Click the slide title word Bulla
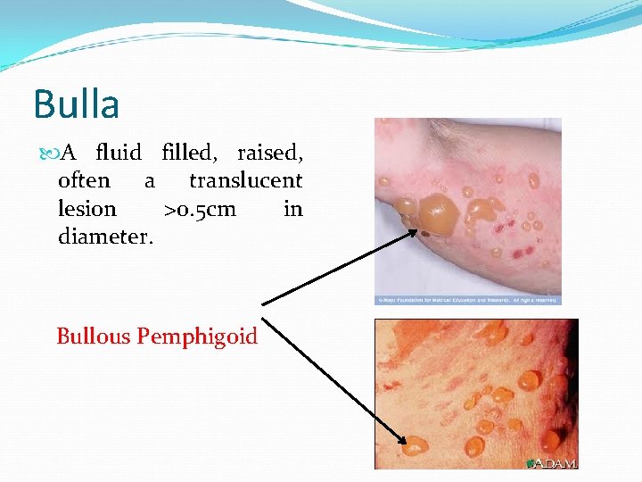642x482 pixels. coord(77,104)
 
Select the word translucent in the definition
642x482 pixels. coord(245,180)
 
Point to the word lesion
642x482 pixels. coord(86,209)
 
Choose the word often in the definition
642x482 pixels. coord(84,180)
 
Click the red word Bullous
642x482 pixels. coord(94,337)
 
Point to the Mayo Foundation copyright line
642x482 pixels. coord(467,301)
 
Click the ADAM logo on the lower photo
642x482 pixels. coord(553,462)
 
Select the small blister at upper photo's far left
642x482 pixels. coord(384,182)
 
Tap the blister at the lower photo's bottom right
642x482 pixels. coord(550,439)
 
